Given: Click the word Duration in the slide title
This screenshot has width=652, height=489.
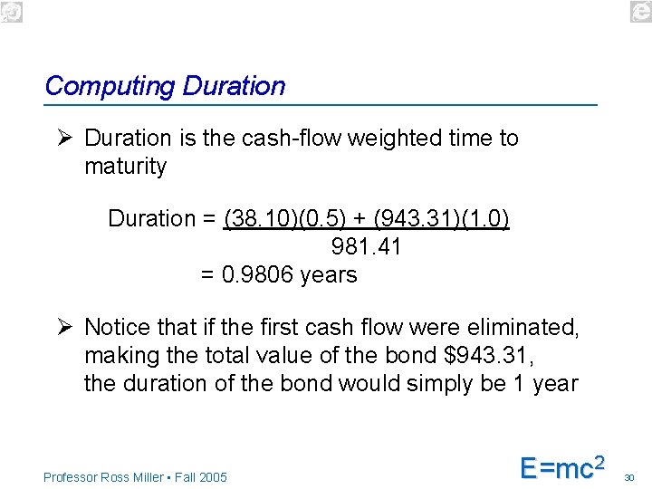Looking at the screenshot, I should click(x=234, y=87).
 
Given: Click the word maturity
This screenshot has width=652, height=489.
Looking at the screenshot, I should click(x=126, y=167).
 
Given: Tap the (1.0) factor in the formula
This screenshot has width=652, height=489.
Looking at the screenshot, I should click(x=487, y=219).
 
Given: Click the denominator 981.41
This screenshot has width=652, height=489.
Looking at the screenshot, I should click(x=367, y=247).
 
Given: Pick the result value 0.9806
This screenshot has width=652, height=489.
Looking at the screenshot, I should click(x=258, y=275).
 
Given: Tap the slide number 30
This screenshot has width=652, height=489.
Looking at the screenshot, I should click(x=630, y=476).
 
